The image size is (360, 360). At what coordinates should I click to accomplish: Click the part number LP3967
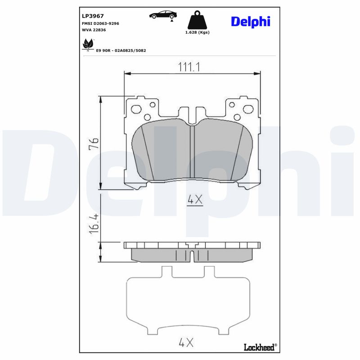pos(93,15)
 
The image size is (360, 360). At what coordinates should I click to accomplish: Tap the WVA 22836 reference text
pos(94,30)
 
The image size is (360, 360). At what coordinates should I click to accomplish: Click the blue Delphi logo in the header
pos(250,21)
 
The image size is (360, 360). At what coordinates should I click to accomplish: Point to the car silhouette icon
pos(163,14)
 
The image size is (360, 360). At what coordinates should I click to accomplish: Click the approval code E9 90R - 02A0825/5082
pos(121,50)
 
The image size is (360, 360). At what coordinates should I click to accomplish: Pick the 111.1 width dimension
pos(189,67)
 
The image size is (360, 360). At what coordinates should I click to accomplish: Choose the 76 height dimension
pos(94,144)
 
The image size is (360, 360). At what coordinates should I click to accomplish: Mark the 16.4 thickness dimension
pos(94,223)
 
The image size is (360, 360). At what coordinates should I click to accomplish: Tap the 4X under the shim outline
pos(185,343)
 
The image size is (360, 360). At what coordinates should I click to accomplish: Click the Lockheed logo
pos(260,347)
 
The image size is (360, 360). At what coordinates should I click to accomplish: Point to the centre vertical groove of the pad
pos(192,152)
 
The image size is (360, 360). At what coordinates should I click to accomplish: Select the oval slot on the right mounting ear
pos(247,109)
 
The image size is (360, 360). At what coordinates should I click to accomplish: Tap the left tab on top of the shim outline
pos(166,272)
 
